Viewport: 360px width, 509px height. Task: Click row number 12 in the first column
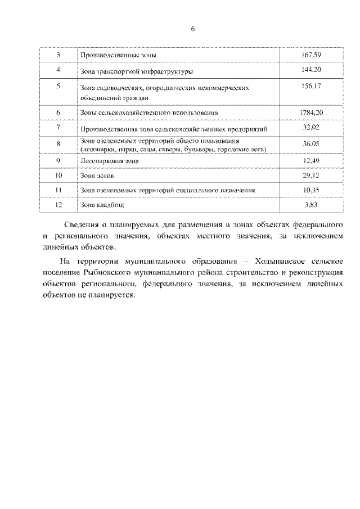58,205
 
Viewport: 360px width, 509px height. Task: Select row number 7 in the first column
58,128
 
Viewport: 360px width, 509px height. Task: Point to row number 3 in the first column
58,55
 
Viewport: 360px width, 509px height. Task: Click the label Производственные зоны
118,56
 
